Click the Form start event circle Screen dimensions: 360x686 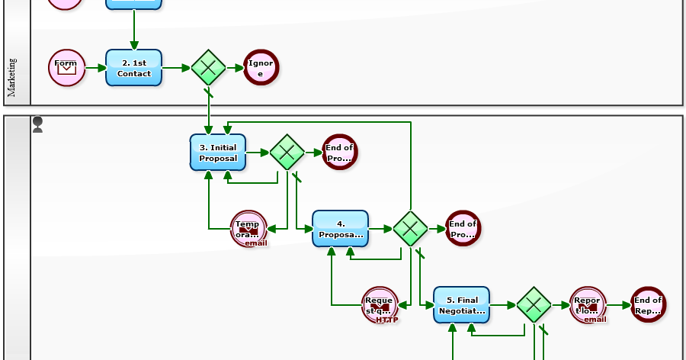coord(66,68)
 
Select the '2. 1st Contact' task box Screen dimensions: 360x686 coord(133,68)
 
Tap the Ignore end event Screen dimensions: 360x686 coord(261,68)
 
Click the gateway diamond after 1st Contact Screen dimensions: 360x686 coord(208,68)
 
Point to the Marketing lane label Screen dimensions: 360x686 coord(12,78)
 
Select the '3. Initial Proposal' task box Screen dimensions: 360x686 coord(217,153)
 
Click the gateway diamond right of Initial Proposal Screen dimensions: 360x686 coord(287,153)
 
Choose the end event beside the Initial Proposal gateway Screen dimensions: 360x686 coord(339,152)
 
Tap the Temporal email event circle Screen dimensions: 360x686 coord(248,229)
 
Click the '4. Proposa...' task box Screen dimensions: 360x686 coord(340,229)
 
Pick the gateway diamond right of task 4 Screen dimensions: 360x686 coord(411,229)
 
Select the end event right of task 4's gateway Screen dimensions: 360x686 coord(463,229)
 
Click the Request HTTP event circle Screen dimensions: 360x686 coord(380,305)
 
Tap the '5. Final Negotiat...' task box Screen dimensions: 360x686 coord(461,305)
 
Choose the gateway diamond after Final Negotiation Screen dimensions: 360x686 coord(534,305)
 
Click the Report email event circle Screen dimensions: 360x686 coord(588,305)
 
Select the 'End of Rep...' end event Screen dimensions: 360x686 coord(648,305)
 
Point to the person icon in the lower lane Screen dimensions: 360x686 coord(37,125)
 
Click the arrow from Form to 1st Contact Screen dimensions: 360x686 coord(95,68)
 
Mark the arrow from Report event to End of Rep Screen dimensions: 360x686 coord(618,305)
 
